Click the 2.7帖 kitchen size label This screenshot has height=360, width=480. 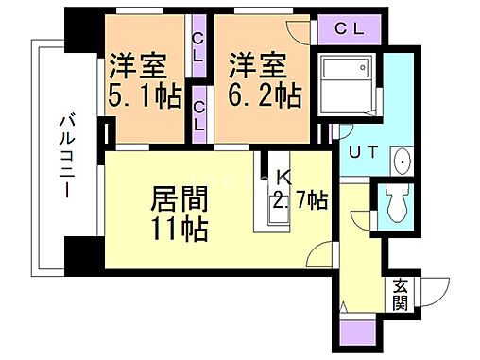tap(300, 201)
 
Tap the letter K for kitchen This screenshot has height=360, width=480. tap(284, 177)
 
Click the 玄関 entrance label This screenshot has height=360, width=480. tap(400, 294)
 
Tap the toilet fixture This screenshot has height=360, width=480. tap(395, 202)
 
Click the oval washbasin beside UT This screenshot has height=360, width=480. tap(403, 163)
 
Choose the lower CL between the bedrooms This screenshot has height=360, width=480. tap(199, 114)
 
